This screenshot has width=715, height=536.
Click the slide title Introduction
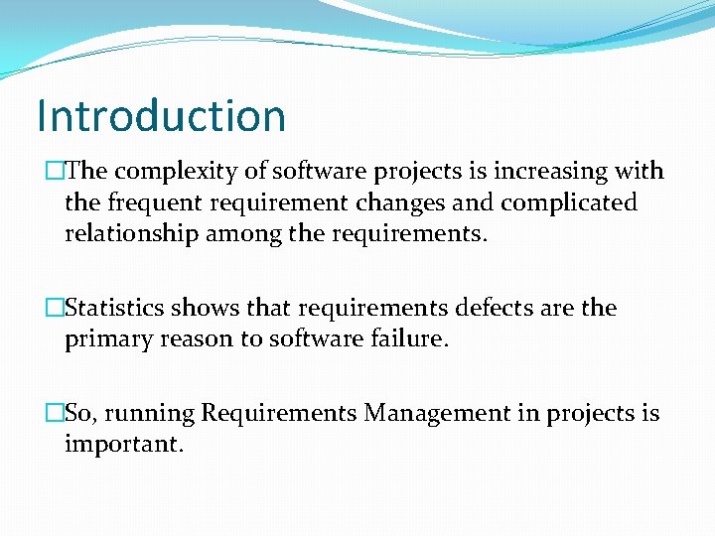tap(161, 115)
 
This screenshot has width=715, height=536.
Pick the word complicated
tap(569, 203)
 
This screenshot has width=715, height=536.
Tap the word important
tap(123, 445)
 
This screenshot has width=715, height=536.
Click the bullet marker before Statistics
tap(57, 309)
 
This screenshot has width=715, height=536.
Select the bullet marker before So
tap(57, 413)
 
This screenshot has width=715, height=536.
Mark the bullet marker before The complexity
tap(57, 172)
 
